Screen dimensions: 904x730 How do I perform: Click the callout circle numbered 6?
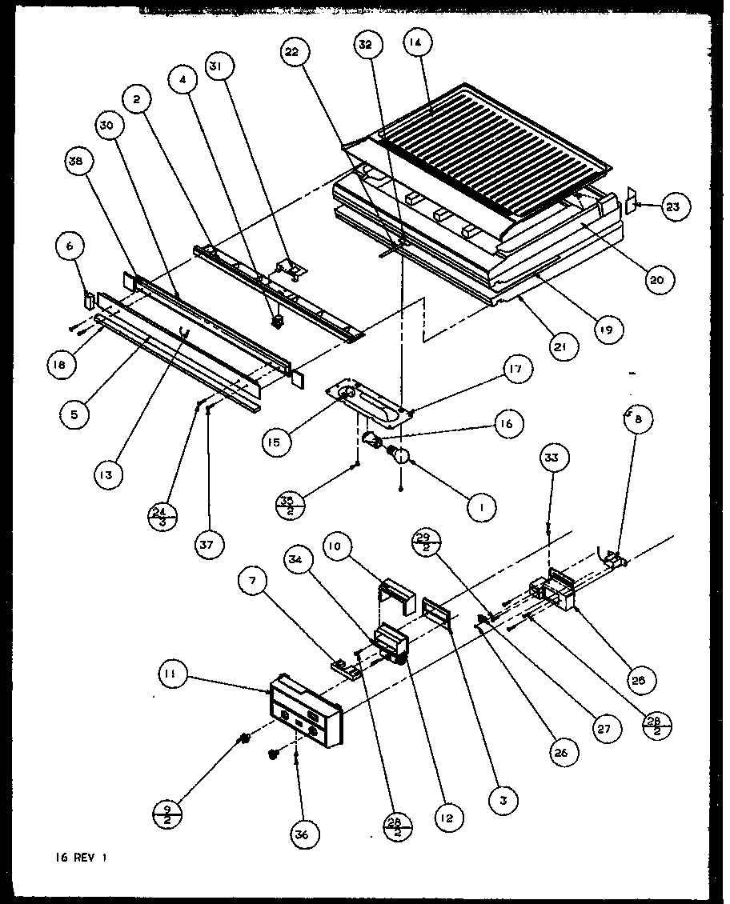point(70,249)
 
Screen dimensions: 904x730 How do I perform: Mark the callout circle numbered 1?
point(483,506)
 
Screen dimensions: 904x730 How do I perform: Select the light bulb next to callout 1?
point(400,457)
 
